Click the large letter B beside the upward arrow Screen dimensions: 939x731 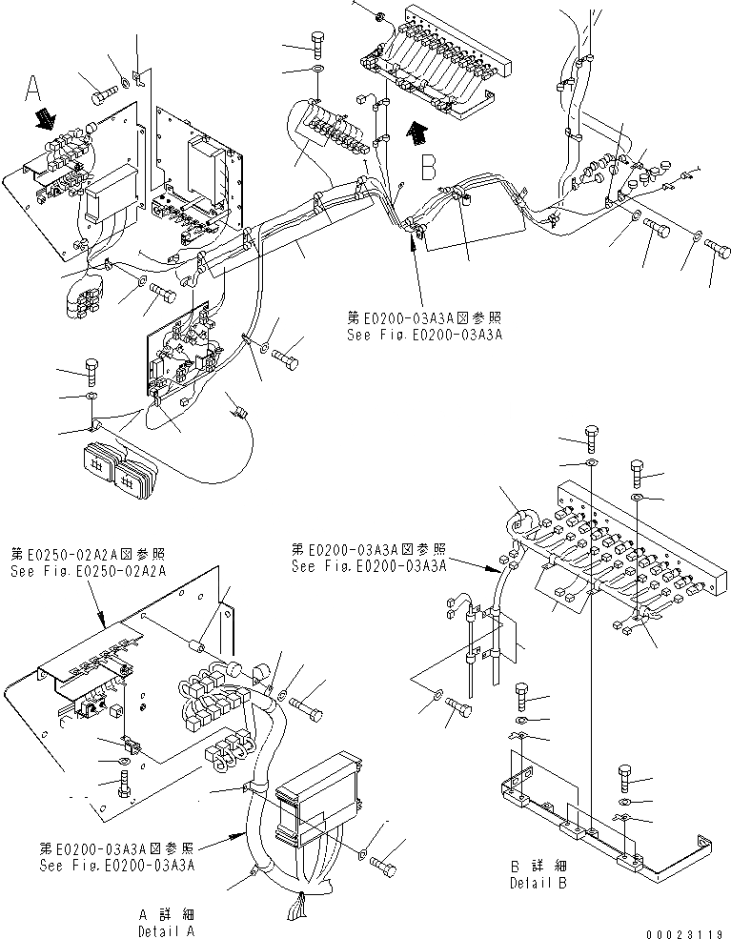[429, 168]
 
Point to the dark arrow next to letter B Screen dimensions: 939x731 [413, 133]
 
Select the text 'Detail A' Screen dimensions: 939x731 [166, 929]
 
